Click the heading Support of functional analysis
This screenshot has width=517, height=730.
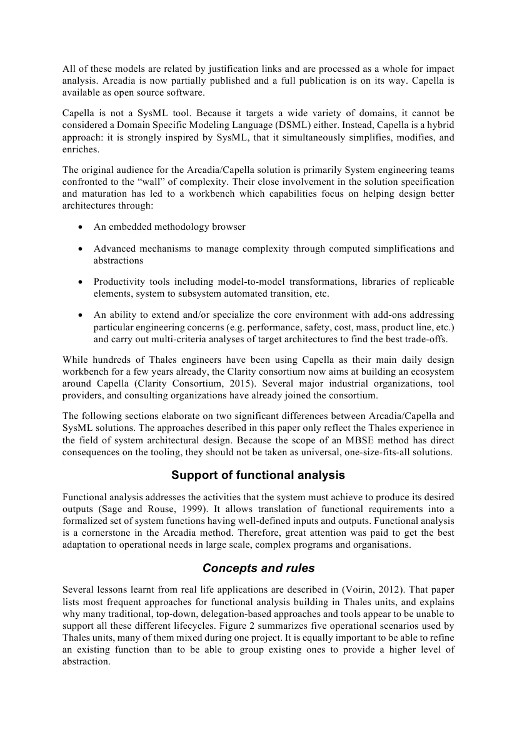click(x=258, y=475)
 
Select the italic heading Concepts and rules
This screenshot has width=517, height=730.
click(x=258, y=568)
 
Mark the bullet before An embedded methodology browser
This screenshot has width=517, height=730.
click(x=81, y=227)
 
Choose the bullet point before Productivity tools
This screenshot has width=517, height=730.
click(x=81, y=282)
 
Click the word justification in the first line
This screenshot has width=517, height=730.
click(x=203, y=69)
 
